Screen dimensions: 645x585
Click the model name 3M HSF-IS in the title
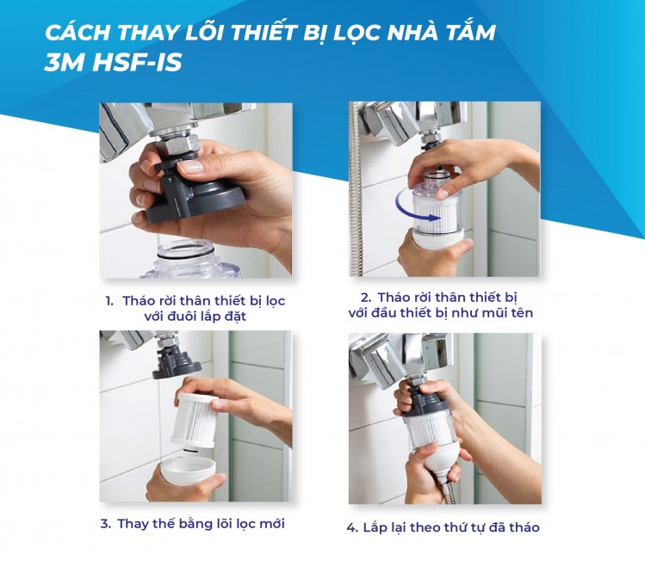[113, 63]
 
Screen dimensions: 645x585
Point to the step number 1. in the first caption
[109, 301]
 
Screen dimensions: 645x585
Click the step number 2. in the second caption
[366, 298]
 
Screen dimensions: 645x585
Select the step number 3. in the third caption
[106, 524]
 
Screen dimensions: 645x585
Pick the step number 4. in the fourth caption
[352, 528]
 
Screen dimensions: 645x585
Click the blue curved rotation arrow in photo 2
[416, 208]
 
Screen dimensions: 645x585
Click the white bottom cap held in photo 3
[188, 471]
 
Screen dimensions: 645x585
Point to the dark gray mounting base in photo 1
[194, 191]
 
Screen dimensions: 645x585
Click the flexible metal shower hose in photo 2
[356, 189]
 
